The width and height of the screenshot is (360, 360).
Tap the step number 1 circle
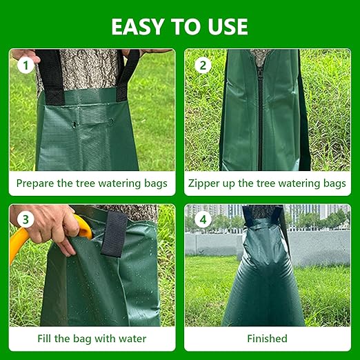pos(26,66)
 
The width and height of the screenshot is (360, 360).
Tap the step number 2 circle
pos(203,66)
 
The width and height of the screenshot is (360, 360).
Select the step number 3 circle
pos(26,221)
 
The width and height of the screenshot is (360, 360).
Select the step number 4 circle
pos(203,221)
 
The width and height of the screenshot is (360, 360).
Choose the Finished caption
pos(267,339)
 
